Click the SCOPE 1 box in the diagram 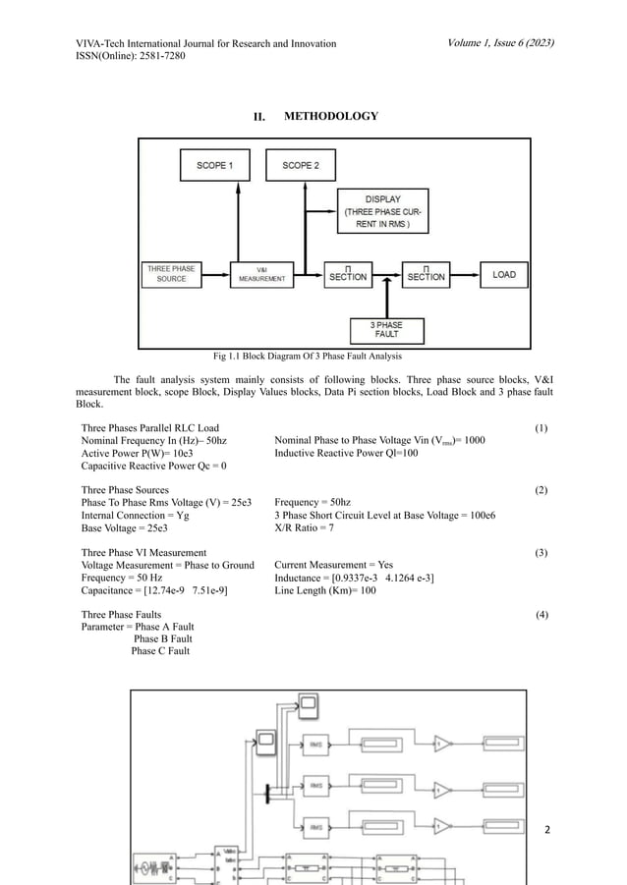(214, 166)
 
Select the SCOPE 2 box (300, 166)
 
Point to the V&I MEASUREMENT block (262, 274)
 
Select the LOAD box (503, 275)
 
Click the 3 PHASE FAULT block (385, 330)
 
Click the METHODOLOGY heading (330, 117)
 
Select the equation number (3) (541, 553)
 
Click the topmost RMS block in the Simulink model (316, 743)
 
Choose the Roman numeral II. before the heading (260, 118)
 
